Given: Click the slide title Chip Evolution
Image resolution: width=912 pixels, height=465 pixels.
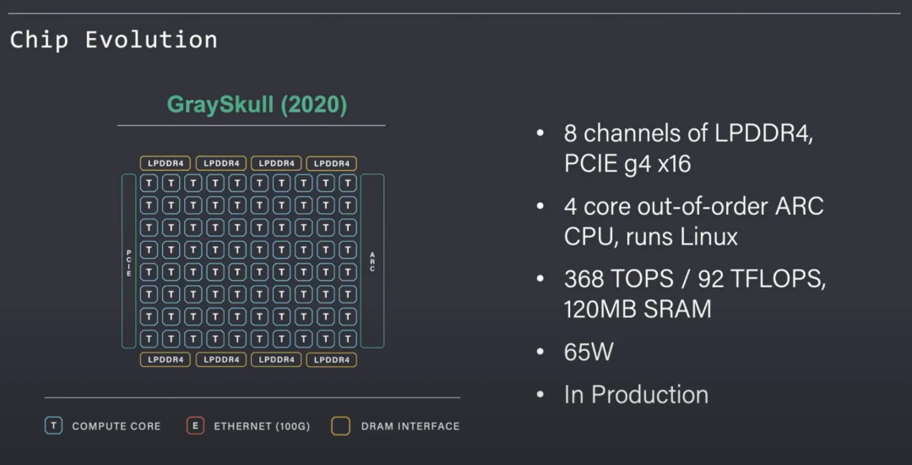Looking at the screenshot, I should pos(113,40).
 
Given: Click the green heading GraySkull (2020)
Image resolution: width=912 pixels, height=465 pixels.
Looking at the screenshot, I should pos(257,105).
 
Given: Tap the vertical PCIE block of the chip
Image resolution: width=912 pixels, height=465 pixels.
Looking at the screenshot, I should pos(129,260).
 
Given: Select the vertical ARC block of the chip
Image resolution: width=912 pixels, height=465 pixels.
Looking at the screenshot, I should pos(372,260).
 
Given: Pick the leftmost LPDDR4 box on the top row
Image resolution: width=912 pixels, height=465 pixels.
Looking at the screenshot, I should pos(166,163).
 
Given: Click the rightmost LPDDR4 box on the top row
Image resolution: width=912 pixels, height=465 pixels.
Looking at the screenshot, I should pos(331,163).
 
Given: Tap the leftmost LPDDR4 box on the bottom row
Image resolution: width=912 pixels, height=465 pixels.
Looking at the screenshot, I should pos(166,359).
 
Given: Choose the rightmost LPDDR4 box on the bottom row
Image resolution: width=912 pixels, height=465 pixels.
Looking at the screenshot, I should pos(331,359).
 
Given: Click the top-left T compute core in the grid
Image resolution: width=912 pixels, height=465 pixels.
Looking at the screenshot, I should pos(149,183).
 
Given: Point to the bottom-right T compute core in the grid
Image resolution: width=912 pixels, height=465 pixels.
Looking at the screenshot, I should pos(348,338).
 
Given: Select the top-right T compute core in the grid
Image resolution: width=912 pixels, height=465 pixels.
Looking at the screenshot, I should pos(348,183).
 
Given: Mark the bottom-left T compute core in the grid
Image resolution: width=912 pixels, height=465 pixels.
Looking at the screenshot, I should pos(149,338).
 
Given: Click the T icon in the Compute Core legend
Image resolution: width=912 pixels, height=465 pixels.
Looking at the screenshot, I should pos(54,426).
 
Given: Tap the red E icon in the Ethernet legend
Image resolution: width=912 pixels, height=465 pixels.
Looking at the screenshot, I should pos(195,426).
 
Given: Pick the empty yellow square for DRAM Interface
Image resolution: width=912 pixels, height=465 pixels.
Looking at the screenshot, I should pos(341,426).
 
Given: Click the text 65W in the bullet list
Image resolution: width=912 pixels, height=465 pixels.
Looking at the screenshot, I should pos(589,352).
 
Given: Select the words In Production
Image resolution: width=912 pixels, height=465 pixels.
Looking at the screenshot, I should pos(636,395).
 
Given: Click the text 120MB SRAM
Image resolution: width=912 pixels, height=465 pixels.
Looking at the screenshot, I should pos(638,309).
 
